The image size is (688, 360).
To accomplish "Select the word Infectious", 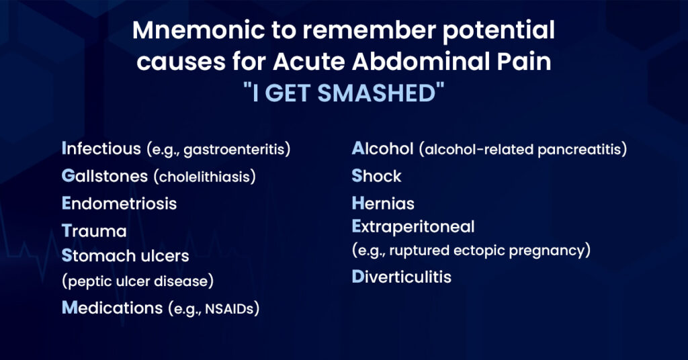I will click(100, 148).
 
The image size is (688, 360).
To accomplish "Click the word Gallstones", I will click(104, 176).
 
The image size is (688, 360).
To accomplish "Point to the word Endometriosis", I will click(119, 204).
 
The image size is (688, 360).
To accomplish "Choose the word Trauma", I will click(94, 231).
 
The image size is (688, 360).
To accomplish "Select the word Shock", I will click(376, 176).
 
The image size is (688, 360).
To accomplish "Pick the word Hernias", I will click(383, 203).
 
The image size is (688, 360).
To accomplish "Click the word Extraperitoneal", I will click(413, 226).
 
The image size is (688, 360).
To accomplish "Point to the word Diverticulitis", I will click(401, 277).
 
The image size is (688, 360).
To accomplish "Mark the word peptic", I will click(85, 280).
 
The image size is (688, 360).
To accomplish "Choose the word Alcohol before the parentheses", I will click(382, 148).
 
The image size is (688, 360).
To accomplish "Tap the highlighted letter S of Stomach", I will click(67, 256).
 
